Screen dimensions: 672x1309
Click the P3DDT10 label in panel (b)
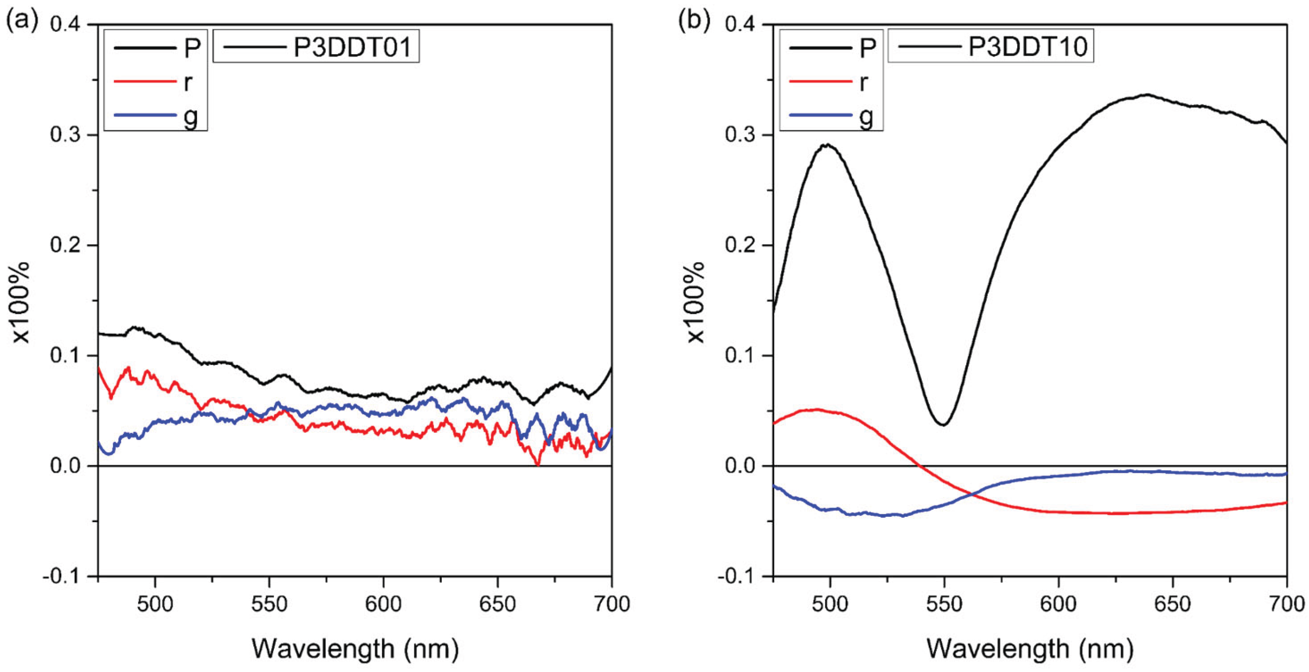click(x=1027, y=47)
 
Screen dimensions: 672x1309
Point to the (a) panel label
click(x=21, y=22)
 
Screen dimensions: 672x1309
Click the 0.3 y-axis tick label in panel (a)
click(x=67, y=135)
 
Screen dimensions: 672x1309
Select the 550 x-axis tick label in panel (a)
click(x=269, y=604)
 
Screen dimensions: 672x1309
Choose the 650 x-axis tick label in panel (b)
click(x=1173, y=604)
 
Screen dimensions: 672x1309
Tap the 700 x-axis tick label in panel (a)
click(x=611, y=604)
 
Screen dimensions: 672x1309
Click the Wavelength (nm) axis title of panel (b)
click(x=1030, y=649)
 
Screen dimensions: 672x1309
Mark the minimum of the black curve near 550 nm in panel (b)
click(x=943, y=425)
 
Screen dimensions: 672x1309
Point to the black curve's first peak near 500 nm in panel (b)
click(x=828, y=145)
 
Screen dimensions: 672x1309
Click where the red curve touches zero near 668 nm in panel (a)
click(x=538, y=464)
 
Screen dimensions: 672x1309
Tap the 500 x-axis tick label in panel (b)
click(x=830, y=604)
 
